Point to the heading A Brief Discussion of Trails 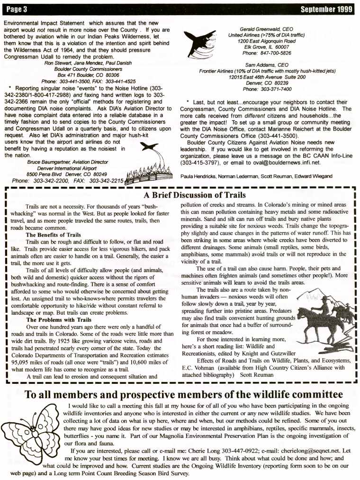pyautogui.click(x=195, y=195)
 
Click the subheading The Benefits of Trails pyautogui.click(x=53, y=235)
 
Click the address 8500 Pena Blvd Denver pyautogui.click(x=66, y=174)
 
